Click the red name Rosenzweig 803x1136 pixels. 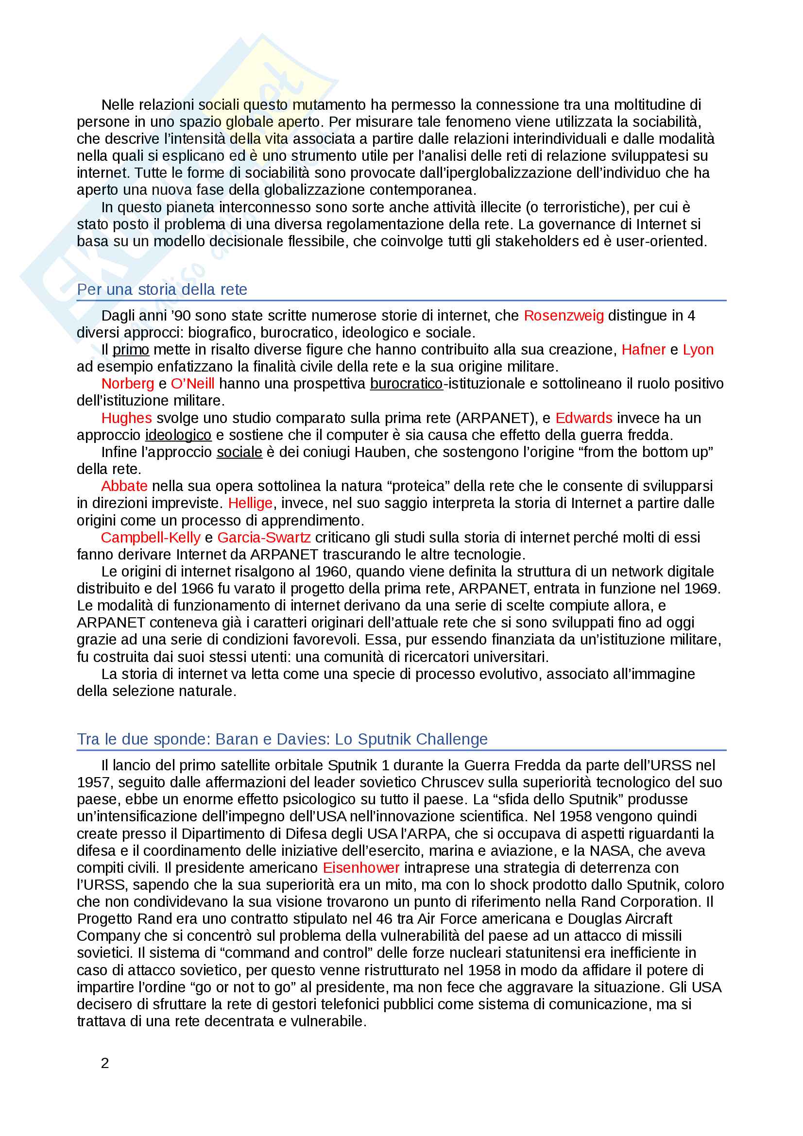point(564,316)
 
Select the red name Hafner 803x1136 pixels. point(643,350)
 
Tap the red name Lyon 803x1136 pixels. point(698,350)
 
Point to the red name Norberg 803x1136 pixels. point(128,384)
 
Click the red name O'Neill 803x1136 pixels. point(192,384)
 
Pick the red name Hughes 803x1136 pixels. point(126,418)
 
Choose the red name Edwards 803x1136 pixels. point(584,418)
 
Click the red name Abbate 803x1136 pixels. point(124,486)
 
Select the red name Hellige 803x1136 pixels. point(250,503)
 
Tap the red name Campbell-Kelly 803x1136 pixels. point(151,537)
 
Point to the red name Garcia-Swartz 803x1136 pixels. point(264,537)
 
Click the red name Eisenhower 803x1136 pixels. point(360,868)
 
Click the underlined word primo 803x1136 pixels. point(131,350)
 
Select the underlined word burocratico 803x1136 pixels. point(406,384)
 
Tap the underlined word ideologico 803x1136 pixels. point(178,435)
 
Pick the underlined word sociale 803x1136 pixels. point(239,452)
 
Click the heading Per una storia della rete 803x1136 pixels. point(162,289)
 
